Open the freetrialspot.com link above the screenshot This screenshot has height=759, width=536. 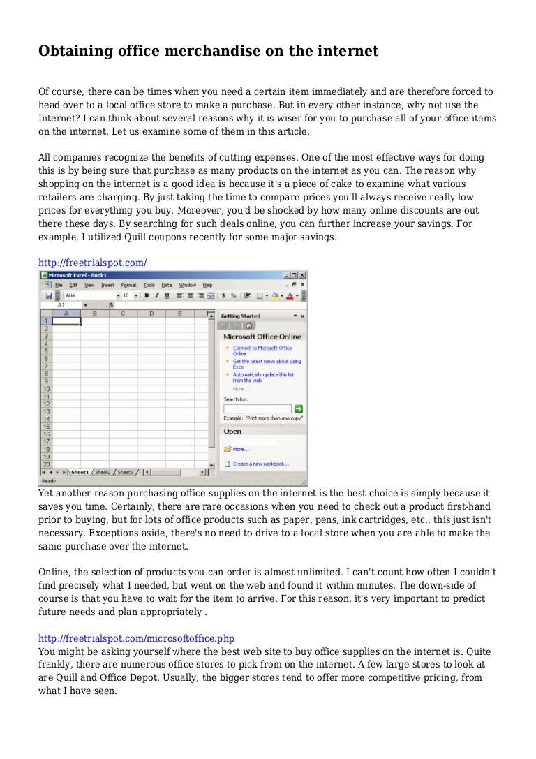(92, 263)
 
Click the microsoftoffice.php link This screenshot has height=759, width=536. (136, 638)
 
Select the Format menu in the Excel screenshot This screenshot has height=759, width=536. (128, 285)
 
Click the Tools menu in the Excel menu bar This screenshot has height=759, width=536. (149, 285)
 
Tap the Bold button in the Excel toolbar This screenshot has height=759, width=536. (147, 295)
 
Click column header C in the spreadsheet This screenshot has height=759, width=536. (123, 314)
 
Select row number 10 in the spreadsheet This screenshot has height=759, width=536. (46, 389)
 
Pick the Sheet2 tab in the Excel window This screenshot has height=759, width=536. (103, 472)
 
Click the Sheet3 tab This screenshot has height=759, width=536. (125, 472)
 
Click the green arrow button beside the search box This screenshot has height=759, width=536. (298, 408)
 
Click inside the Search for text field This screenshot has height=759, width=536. (257, 408)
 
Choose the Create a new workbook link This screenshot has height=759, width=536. (260, 464)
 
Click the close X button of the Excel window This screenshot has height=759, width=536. (302, 275)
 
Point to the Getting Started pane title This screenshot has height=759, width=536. (240, 316)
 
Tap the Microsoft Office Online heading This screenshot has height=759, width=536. (258, 337)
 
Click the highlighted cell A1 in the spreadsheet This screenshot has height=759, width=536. (66, 321)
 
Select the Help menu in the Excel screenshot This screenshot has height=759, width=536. (207, 285)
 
